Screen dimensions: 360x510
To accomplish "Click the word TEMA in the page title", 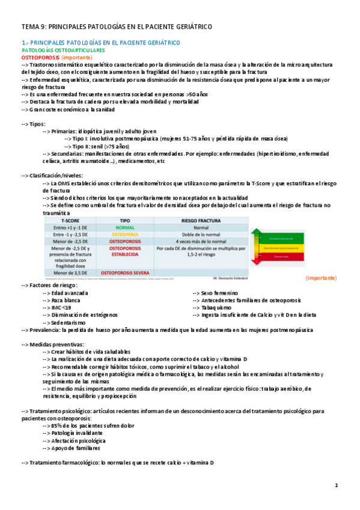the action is (x=30, y=28).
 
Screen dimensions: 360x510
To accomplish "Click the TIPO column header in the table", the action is (x=125, y=221).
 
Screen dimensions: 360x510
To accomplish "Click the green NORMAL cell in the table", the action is (x=125, y=228).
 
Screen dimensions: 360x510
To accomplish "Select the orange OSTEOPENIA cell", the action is (x=125, y=235).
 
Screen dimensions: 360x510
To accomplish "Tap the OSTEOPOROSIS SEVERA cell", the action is (x=125, y=272).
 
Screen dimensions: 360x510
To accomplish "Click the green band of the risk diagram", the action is (x=277, y=230).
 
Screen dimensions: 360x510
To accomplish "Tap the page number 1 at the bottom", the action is (x=337, y=485).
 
